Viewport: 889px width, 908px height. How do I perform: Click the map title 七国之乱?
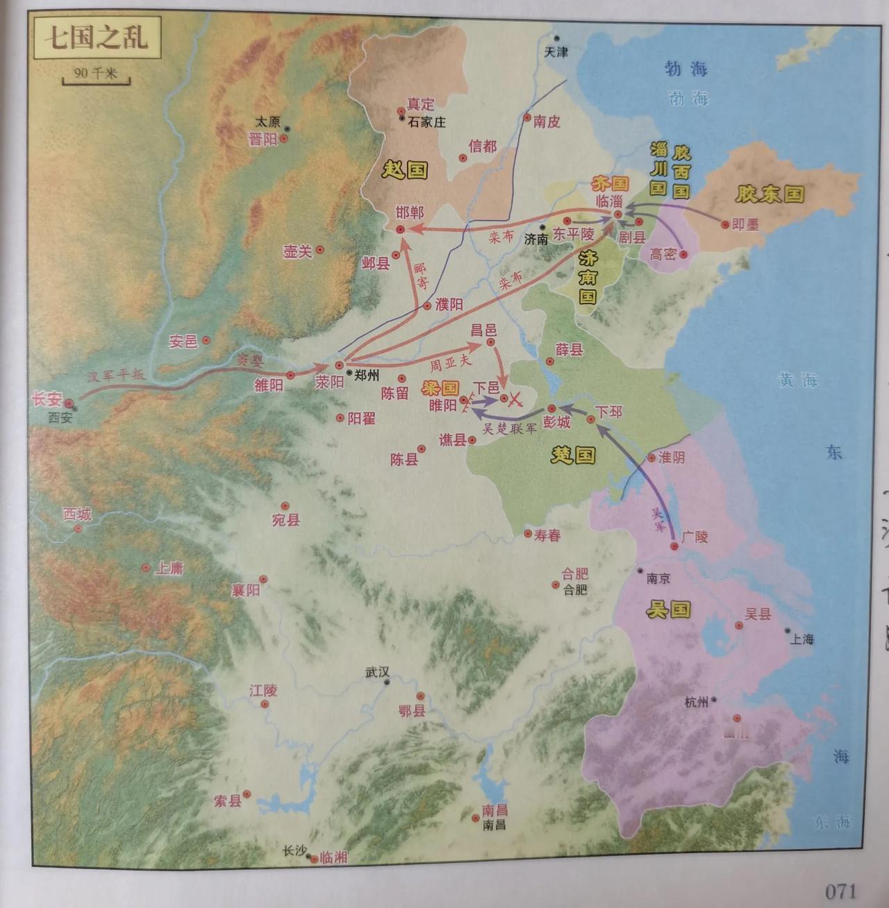point(96,37)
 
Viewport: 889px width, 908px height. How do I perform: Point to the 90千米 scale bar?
point(96,76)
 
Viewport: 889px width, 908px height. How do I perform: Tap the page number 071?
point(840,891)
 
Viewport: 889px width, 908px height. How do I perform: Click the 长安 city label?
point(47,399)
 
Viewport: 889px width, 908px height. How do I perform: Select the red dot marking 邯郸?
point(401,229)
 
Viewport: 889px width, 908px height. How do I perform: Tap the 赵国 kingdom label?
point(406,169)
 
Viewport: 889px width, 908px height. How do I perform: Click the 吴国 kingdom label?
point(668,609)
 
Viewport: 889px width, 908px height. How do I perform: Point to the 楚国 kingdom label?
point(573,455)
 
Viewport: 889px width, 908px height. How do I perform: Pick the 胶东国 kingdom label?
point(770,194)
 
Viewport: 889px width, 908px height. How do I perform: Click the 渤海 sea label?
point(686,69)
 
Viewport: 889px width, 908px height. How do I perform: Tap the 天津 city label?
point(556,52)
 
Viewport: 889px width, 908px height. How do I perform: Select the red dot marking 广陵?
point(674,547)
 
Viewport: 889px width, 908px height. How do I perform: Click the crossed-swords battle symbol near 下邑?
point(515,398)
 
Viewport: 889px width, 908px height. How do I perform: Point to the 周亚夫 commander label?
point(450,362)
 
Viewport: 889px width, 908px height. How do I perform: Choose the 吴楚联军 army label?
point(510,428)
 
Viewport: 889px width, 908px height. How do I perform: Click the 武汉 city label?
point(379,672)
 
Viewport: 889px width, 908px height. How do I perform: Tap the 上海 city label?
point(801,639)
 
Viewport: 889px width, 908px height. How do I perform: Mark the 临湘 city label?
point(333,857)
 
